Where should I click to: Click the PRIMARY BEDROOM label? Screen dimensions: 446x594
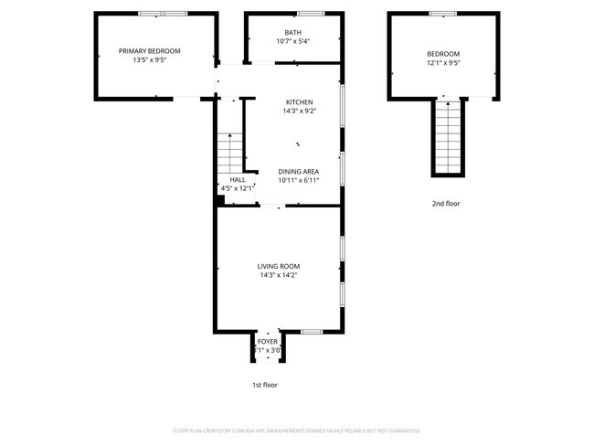tap(150, 51)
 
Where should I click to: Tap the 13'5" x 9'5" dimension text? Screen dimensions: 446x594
tap(150, 61)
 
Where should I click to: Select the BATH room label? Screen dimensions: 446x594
tap(292, 33)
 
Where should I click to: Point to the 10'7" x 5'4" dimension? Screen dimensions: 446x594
tap(292, 42)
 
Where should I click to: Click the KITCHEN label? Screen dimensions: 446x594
tap(299, 102)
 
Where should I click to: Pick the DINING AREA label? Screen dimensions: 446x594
tap(298, 171)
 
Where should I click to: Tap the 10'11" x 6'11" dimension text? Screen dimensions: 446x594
tap(298, 180)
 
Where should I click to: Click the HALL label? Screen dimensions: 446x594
tap(238, 180)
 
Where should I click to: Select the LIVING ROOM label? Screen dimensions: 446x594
tap(278, 266)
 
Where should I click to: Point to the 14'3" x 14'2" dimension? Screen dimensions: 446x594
tap(278, 275)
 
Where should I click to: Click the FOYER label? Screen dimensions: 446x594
tap(267, 342)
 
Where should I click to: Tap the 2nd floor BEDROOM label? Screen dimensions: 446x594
tap(443, 54)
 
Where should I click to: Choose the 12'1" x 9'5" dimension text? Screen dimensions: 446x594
tap(443, 64)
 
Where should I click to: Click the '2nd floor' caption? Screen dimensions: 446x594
tap(447, 204)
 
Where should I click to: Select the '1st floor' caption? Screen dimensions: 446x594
tap(265, 385)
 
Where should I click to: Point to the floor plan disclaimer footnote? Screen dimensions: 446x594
tap(296, 430)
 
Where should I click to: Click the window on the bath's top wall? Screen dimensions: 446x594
tap(311, 13)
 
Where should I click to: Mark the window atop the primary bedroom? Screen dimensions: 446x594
tap(163, 13)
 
